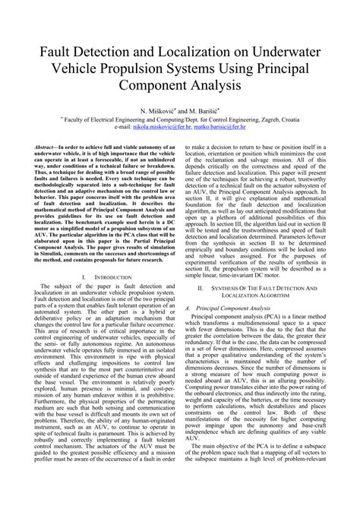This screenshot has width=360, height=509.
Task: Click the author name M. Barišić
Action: (210, 110)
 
